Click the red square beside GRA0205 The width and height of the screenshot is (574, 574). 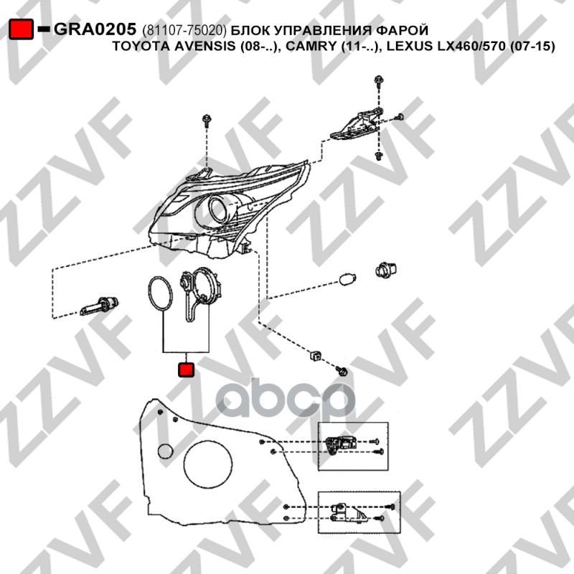(22, 29)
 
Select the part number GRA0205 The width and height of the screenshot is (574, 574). (95, 29)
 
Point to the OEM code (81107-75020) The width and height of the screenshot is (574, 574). (184, 30)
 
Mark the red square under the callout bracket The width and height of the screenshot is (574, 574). (186, 370)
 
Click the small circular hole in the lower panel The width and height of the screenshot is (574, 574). (165, 452)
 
